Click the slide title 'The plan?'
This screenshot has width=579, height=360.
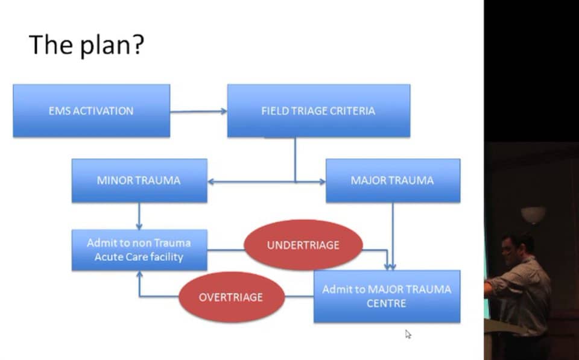[86, 45]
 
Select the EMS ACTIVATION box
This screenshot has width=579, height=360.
[92, 111]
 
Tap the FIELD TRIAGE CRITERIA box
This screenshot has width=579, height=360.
[318, 111]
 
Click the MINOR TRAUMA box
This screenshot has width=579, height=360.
[139, 180]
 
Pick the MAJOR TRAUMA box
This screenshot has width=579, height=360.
[393, 180]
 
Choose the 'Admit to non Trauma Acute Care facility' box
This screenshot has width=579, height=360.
[139, 250]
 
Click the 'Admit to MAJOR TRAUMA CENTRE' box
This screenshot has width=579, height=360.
[387, 297]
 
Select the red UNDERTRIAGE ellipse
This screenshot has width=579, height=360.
[303, 245]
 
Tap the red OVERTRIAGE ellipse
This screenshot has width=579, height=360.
[231, 297]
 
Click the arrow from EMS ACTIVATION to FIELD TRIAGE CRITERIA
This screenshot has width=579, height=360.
[198, 111]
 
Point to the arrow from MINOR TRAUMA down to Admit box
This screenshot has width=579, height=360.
[139, 216]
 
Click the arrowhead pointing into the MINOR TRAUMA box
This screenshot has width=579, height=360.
[211, 182]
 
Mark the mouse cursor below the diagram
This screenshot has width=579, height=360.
[408, 335]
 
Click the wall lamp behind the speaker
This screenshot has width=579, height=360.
[533, 215]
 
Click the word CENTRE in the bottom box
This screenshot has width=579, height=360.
[386, 303]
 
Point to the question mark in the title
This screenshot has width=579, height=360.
[138, 44]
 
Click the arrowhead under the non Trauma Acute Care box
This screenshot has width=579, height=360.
[139, 274]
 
